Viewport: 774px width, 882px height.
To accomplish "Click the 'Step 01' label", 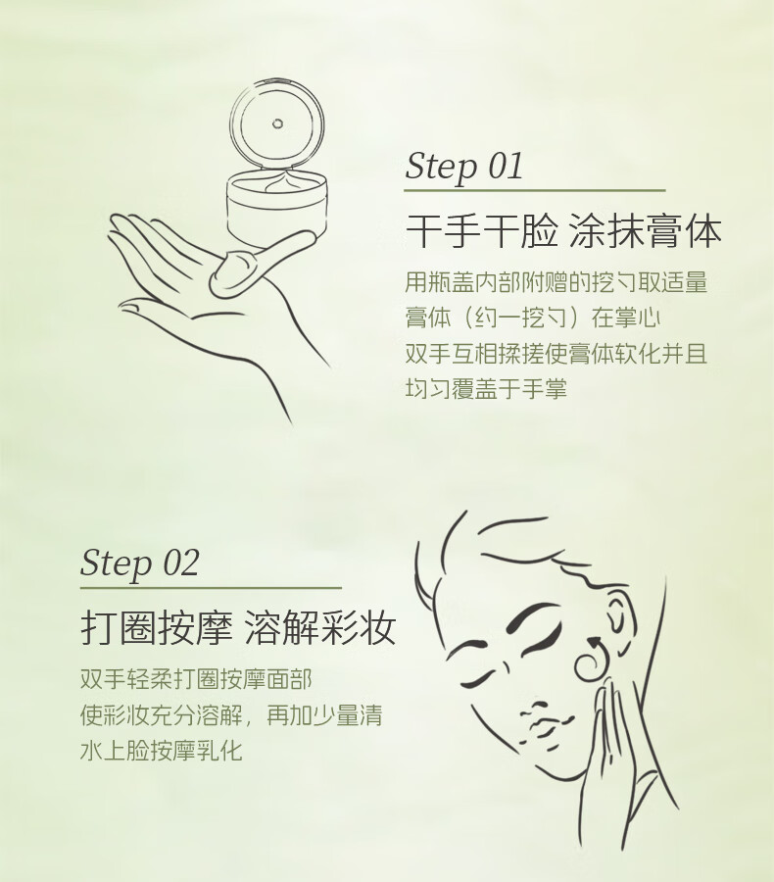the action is tap(464, 167).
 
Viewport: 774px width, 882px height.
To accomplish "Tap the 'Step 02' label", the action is tap(140, 563).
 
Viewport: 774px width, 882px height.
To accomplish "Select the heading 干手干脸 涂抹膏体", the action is tap(563, 230).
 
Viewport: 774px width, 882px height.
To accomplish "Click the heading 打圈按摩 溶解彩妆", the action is tap(238, 627).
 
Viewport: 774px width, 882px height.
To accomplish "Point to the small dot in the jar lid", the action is tap(276, 123).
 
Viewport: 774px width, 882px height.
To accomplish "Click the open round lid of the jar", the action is tap(276, 123).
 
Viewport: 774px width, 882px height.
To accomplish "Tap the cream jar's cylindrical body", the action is tap(276, 211).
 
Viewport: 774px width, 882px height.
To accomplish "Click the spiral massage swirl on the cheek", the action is tap(592, 660).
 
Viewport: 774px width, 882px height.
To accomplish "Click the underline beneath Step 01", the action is tap(534, 191).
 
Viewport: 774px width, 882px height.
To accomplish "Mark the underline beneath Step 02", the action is tap(211, 588).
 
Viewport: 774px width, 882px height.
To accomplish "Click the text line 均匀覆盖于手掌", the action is tap(486, 389).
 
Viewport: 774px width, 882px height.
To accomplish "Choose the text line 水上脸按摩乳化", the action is tap(162, 751).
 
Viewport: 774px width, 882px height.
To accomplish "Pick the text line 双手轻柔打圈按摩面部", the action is tap(196, 679).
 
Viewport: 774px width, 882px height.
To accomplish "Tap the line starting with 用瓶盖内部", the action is tap(556, 282).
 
